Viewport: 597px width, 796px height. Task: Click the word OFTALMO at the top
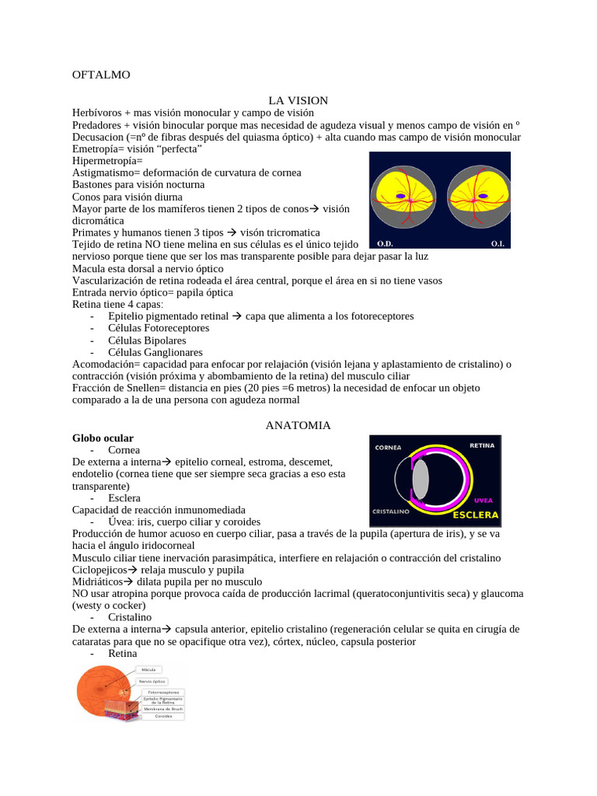[101, 75]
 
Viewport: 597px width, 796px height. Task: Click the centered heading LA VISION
[298, 100]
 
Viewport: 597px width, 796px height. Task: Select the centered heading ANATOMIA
[298, 425]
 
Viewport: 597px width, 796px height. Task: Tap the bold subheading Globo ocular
[103, 438]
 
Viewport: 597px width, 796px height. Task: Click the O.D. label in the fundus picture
[386, 243]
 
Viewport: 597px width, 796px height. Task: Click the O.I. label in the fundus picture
[497, 243]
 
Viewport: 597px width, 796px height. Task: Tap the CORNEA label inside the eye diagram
[388, 448]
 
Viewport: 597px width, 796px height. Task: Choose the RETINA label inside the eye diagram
[482, 445]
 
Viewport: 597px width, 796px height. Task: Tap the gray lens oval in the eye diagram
[420, 480]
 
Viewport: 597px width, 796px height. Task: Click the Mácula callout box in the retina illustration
[149, 669]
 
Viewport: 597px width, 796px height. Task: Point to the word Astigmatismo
[105, 172]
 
